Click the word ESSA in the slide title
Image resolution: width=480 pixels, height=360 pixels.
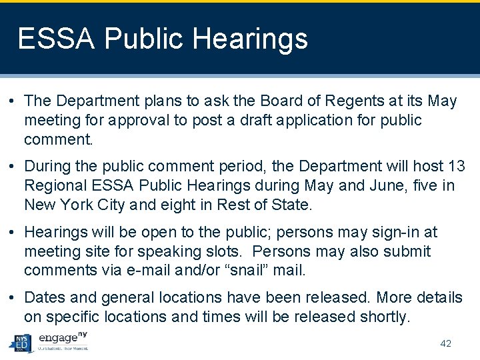[x=57, y=39]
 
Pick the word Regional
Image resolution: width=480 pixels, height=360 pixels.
[x=54, y=185]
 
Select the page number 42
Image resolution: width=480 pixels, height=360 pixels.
[x=446, y=343]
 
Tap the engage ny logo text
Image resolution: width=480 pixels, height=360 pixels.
[x=63, y=337]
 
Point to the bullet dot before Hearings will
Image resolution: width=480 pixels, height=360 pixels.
[x=13, y=233]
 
